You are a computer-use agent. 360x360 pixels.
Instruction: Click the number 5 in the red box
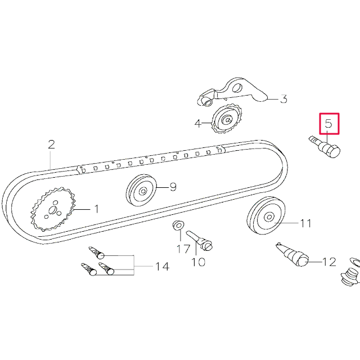click(329, 123)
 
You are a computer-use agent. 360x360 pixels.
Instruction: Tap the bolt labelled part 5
click(325, 147)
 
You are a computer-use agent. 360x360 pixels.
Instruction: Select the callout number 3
click(283, 100)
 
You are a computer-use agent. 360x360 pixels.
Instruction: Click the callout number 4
click(198, 123)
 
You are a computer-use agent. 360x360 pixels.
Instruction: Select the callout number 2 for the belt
click(51, 145)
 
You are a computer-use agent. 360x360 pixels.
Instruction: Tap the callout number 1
click(96, 209)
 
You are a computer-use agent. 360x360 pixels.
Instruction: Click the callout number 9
click(173, 187)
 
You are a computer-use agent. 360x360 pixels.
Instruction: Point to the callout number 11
click(305, 223)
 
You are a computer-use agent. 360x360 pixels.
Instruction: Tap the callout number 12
click(329, 262)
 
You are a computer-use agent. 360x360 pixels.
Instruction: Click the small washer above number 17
click(178, 226)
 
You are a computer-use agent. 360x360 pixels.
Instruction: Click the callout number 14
click(161, 266)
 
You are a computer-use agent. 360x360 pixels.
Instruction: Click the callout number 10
click(198, 262)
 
